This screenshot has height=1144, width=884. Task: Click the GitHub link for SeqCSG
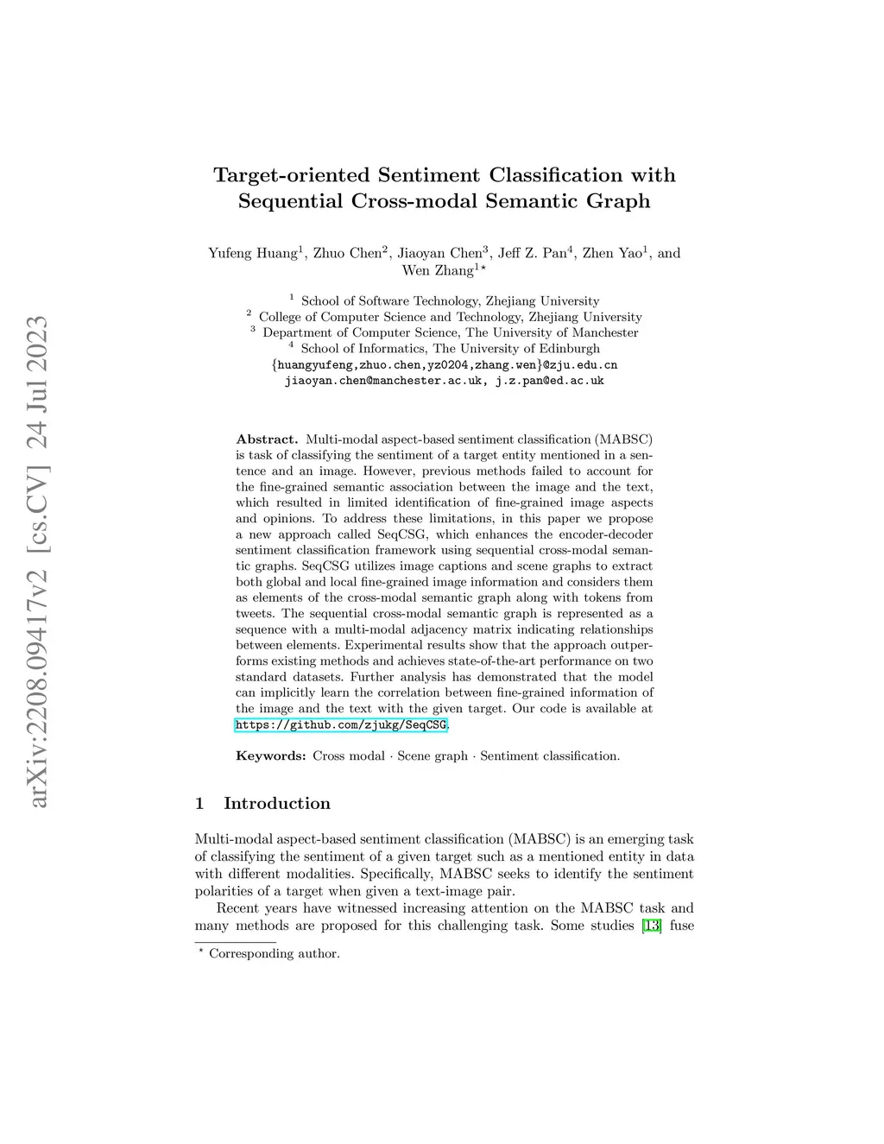coord(341,724)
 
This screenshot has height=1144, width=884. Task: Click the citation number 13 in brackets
coord(652,926)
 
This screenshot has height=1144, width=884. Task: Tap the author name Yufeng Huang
coord(252,253)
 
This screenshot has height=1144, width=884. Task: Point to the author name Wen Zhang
coord(438,270)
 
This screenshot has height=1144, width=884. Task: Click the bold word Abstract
coord(267,439)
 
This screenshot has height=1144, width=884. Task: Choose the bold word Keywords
coord(270,755)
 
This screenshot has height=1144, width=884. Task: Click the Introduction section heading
coord(276,803)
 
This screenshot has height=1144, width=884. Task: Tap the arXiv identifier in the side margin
coord(39,561)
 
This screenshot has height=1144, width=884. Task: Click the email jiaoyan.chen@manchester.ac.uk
coord(383,380)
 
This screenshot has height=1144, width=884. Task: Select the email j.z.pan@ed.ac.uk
coord(549,380)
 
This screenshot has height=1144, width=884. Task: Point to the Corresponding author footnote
coord(274,953)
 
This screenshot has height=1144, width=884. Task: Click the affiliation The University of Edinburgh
coord(516,348)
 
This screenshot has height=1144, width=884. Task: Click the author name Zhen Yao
coord(612,253)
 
